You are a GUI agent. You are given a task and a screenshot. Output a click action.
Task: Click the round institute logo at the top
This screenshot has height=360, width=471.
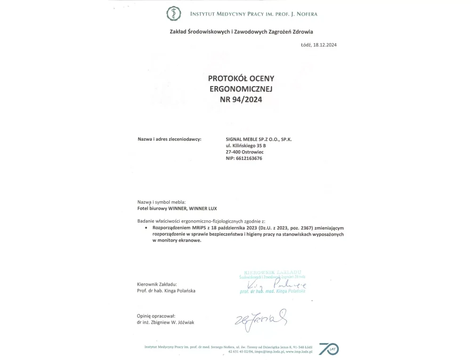pyautogui.click(x=174, y=14)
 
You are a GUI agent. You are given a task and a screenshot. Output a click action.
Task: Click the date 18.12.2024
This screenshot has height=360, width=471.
pyautogui.click(x=325, y=45)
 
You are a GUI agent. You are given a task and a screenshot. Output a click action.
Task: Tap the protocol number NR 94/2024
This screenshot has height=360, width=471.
pyautogui.click(x=241, y=99)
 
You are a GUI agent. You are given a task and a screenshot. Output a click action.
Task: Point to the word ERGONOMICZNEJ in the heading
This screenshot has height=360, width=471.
pyautogui.click(x=241, y=88)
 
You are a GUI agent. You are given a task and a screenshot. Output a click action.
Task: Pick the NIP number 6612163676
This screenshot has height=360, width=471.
pyautogui.click(x=251, y=159)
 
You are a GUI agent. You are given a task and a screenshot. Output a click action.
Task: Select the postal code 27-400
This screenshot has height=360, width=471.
pyautogui.click(x=234, y=152)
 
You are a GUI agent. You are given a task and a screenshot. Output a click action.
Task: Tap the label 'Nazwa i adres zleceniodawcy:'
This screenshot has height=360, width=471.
pyautogui.click(x=169, y=139)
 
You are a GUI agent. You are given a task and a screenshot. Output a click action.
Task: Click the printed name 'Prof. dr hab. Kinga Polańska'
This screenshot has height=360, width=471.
pyautogui.click(x=166, y=291)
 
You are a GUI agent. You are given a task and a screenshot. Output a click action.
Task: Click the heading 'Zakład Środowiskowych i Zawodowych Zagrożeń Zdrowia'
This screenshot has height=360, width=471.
pyautogui.click(x=241, y=32)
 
